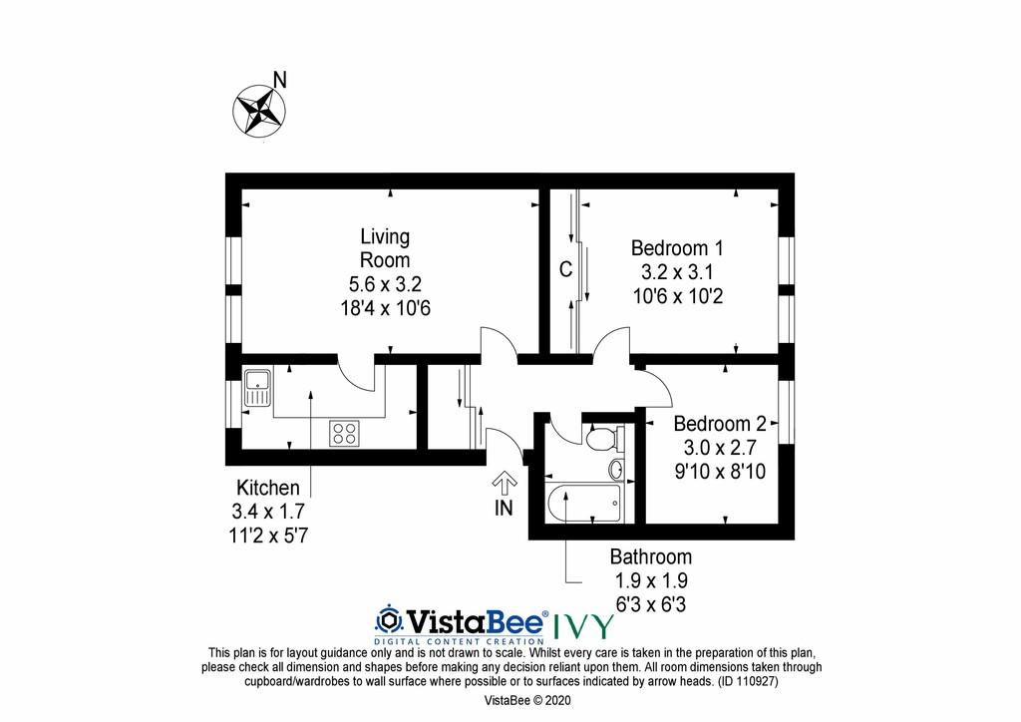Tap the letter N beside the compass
[x=280, y=80]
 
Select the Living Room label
[x=385, y=248]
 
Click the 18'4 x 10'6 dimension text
[x=386, y=308]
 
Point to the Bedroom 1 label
[x=677, y=248]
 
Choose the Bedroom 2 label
[x=720, y=424]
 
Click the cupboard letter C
[x=566, y=269]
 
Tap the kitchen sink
[x=258, y=388]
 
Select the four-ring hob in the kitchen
[x=344, y=433]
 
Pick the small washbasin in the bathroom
[x=616, y=468]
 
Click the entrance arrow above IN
[x=505, y=483]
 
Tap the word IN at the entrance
[x=504, y=508]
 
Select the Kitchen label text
[x=268, y=488]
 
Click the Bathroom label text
[x=651, y=556]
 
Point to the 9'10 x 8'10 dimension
[x=720, y=472]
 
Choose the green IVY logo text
[x=584, y=626]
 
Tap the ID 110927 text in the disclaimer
[x=748, y=682]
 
